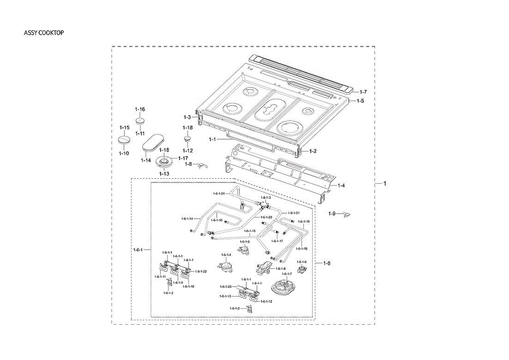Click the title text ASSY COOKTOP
pyautogui.click(x=44, y=33)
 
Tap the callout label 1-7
pyautogui.click(x=363, y=92)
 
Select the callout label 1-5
pyautogui.click(x=360, y=101)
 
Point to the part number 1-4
pyautogui.click(x=342, y=186)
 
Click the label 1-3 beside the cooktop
pyautogui.click(x=187, y=117)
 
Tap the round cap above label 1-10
pyautogui.click(x=123, y=141)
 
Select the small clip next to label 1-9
pyautogui.click(x=347, y=214)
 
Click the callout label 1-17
pyautogui.click(x=183, y=158)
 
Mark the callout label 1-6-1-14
pyautogui.click(x=187, y=219)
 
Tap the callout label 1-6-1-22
pyautogui.click(x=201, y=271)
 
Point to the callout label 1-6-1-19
pyautogui.click(x=304, y=222)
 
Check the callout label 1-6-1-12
pyautogui.click(x=266, y=301)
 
